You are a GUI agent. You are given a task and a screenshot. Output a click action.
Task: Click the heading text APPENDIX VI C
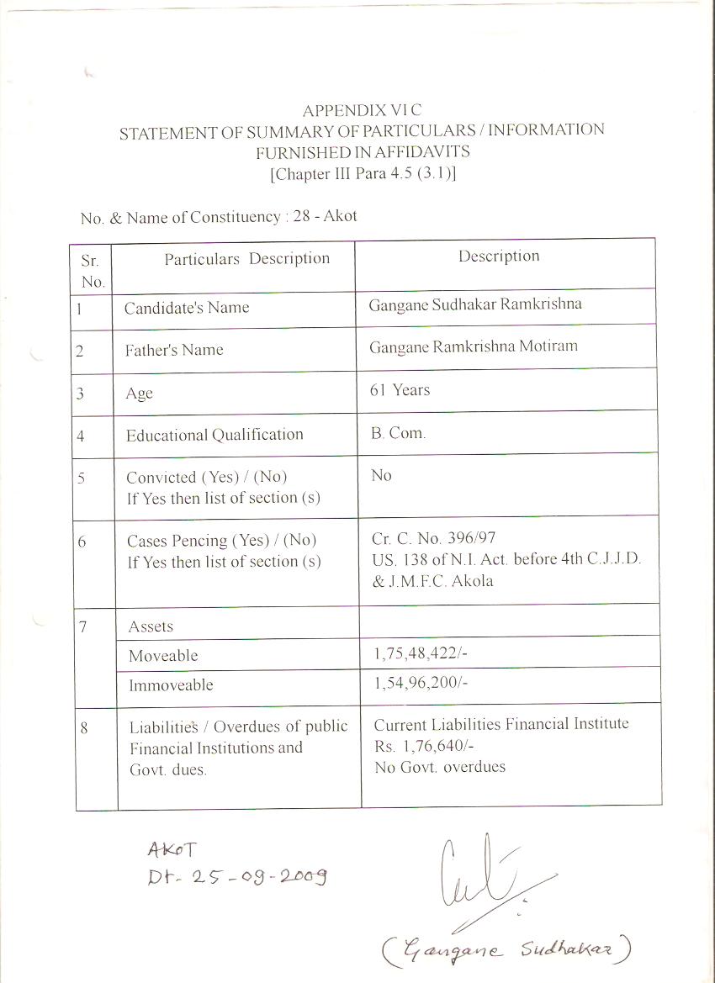pos(362,110)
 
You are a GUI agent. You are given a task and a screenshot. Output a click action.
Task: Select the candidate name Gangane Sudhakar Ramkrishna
pos(474,304)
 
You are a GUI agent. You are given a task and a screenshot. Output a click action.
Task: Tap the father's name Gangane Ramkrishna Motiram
pos(473,346)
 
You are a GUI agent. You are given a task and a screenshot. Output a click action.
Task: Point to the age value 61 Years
pos(400,390)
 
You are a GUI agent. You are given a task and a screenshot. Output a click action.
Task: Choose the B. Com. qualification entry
pos(398,433)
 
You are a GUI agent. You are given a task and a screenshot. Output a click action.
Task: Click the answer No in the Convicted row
pos(381,476)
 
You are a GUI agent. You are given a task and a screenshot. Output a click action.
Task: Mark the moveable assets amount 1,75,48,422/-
pos(421,653)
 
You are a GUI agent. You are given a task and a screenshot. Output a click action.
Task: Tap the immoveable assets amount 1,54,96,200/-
pos(421,683)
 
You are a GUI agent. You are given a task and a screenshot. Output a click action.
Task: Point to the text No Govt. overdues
pos(440,767)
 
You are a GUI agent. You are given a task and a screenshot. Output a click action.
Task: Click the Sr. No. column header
pos(91,271)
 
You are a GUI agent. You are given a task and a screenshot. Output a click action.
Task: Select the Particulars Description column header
pos(247,259)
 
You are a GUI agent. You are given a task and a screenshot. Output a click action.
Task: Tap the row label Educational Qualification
pos(214,435)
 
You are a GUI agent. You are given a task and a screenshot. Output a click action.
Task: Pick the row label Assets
pos(151,626)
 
